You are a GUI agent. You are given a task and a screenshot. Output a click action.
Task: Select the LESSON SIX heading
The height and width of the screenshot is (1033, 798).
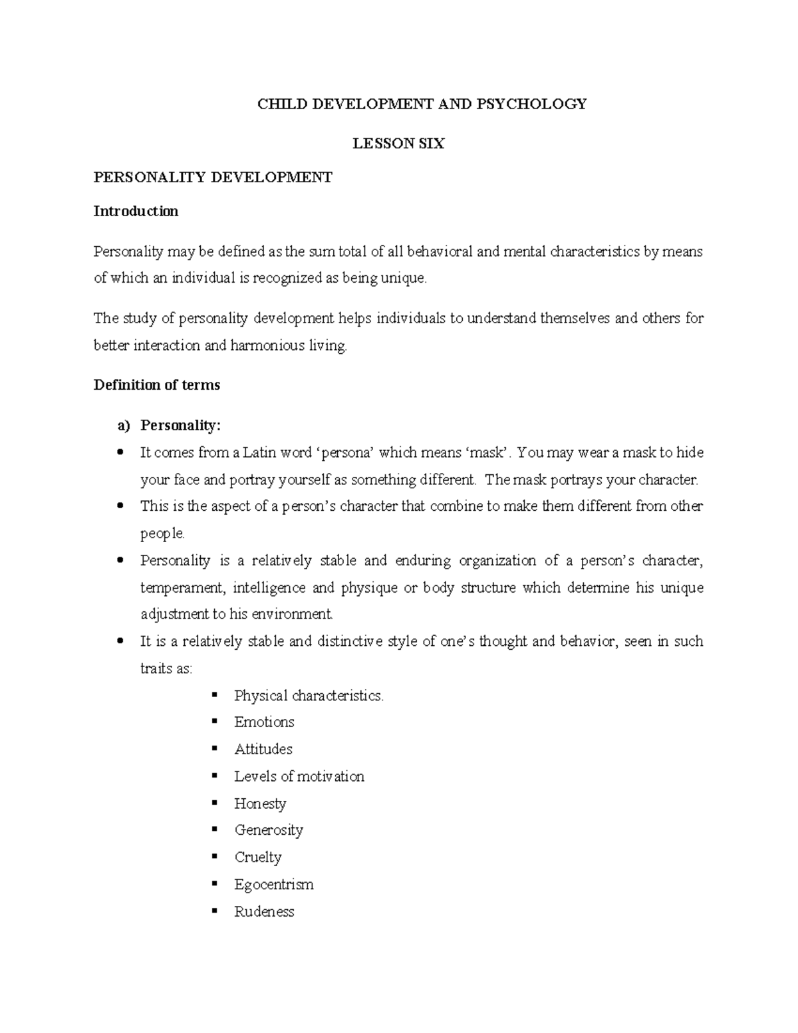(398, 144)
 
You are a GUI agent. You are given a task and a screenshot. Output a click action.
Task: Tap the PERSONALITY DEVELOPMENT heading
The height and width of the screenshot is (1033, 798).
(213, 177)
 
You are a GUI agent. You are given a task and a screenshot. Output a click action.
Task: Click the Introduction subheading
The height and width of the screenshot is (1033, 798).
(136, 212)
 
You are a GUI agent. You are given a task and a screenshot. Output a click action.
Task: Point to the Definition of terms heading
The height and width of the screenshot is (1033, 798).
(157, 385)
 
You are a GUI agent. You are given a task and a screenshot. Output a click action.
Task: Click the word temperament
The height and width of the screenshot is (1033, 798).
(176, 588)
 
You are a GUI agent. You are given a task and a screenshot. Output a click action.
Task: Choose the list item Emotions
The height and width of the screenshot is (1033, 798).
(264, 722)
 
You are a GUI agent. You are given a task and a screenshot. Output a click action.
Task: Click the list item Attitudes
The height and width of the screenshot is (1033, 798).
(263, 750)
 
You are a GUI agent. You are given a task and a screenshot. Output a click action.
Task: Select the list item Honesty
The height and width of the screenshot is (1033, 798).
(260, 804)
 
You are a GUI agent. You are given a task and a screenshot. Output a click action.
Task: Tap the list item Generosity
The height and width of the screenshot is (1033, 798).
(269, 830)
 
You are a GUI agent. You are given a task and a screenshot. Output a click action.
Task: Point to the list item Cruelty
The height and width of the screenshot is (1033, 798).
(258, 857)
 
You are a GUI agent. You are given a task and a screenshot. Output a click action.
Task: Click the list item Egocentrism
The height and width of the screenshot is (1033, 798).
(274, 885)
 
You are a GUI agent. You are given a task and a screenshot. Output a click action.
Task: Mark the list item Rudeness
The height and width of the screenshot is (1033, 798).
(264, 912)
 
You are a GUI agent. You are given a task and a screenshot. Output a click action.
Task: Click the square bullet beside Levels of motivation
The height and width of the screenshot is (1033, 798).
(214, 776)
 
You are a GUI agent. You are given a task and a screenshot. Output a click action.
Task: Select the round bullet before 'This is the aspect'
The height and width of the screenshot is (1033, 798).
(120, 506)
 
